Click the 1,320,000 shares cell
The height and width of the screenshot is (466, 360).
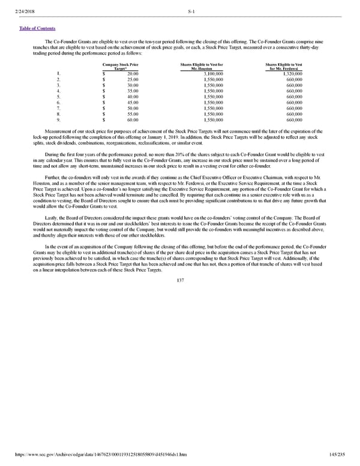[x=290, y=73]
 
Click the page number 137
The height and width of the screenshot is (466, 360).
[x=181, y=279]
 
